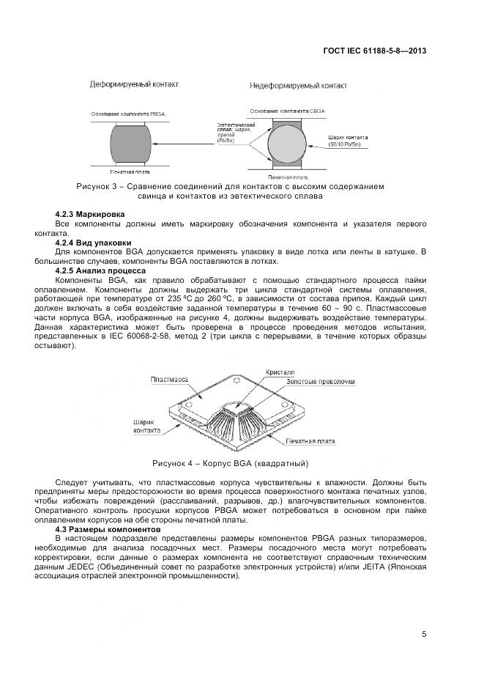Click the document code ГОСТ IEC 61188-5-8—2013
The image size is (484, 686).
pyautogui.click(x=374, y=51)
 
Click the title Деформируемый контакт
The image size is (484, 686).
pyautogui.click(x=134, y=85)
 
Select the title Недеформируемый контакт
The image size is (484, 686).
pyautogui.click(x=298, y=86)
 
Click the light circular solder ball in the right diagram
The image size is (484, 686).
pyautogui.click(x=287, y=142)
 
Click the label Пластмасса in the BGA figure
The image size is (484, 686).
pyautogui.click(x=169, y=379)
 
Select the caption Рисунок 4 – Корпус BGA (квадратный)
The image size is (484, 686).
pyautogui.click(x=230, y=463)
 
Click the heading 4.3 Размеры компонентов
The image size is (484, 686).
pyautogui.click(x=107, y=528)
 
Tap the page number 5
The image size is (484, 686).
pyautogui.click(x=424, y=635)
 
